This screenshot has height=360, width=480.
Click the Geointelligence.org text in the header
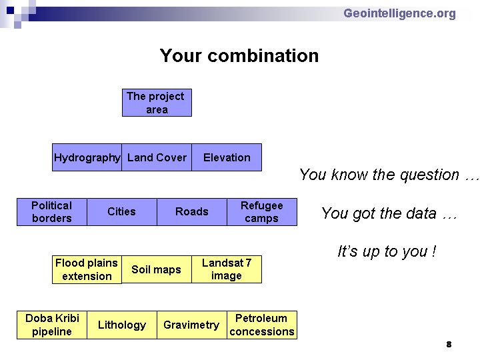(399, 14)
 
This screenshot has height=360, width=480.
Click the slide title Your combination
(239, 56)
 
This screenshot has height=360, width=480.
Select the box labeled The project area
(157, 103)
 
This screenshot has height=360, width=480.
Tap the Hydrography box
(87, 157)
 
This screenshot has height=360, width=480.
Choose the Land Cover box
(157, 157)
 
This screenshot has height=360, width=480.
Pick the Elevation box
(227, 157)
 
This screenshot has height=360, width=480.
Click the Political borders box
(52, 212)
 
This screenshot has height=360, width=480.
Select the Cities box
(122, 212)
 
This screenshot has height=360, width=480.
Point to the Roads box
(192, 212)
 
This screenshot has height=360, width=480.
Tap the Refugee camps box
(262, 212)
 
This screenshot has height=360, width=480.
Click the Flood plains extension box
(87, 270)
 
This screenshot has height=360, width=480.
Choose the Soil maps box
(157, 269)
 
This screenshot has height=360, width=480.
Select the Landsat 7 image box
(227, 269)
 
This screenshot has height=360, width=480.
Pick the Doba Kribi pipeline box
(52, 325)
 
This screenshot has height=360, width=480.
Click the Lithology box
(122, 325)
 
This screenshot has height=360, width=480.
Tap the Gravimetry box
(192, 325)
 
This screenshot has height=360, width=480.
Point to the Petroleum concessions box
(262, 325)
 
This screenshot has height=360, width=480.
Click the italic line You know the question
(389, 175)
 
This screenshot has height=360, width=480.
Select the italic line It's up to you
(387, 251)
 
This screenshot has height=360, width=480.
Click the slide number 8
(449, 345)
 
